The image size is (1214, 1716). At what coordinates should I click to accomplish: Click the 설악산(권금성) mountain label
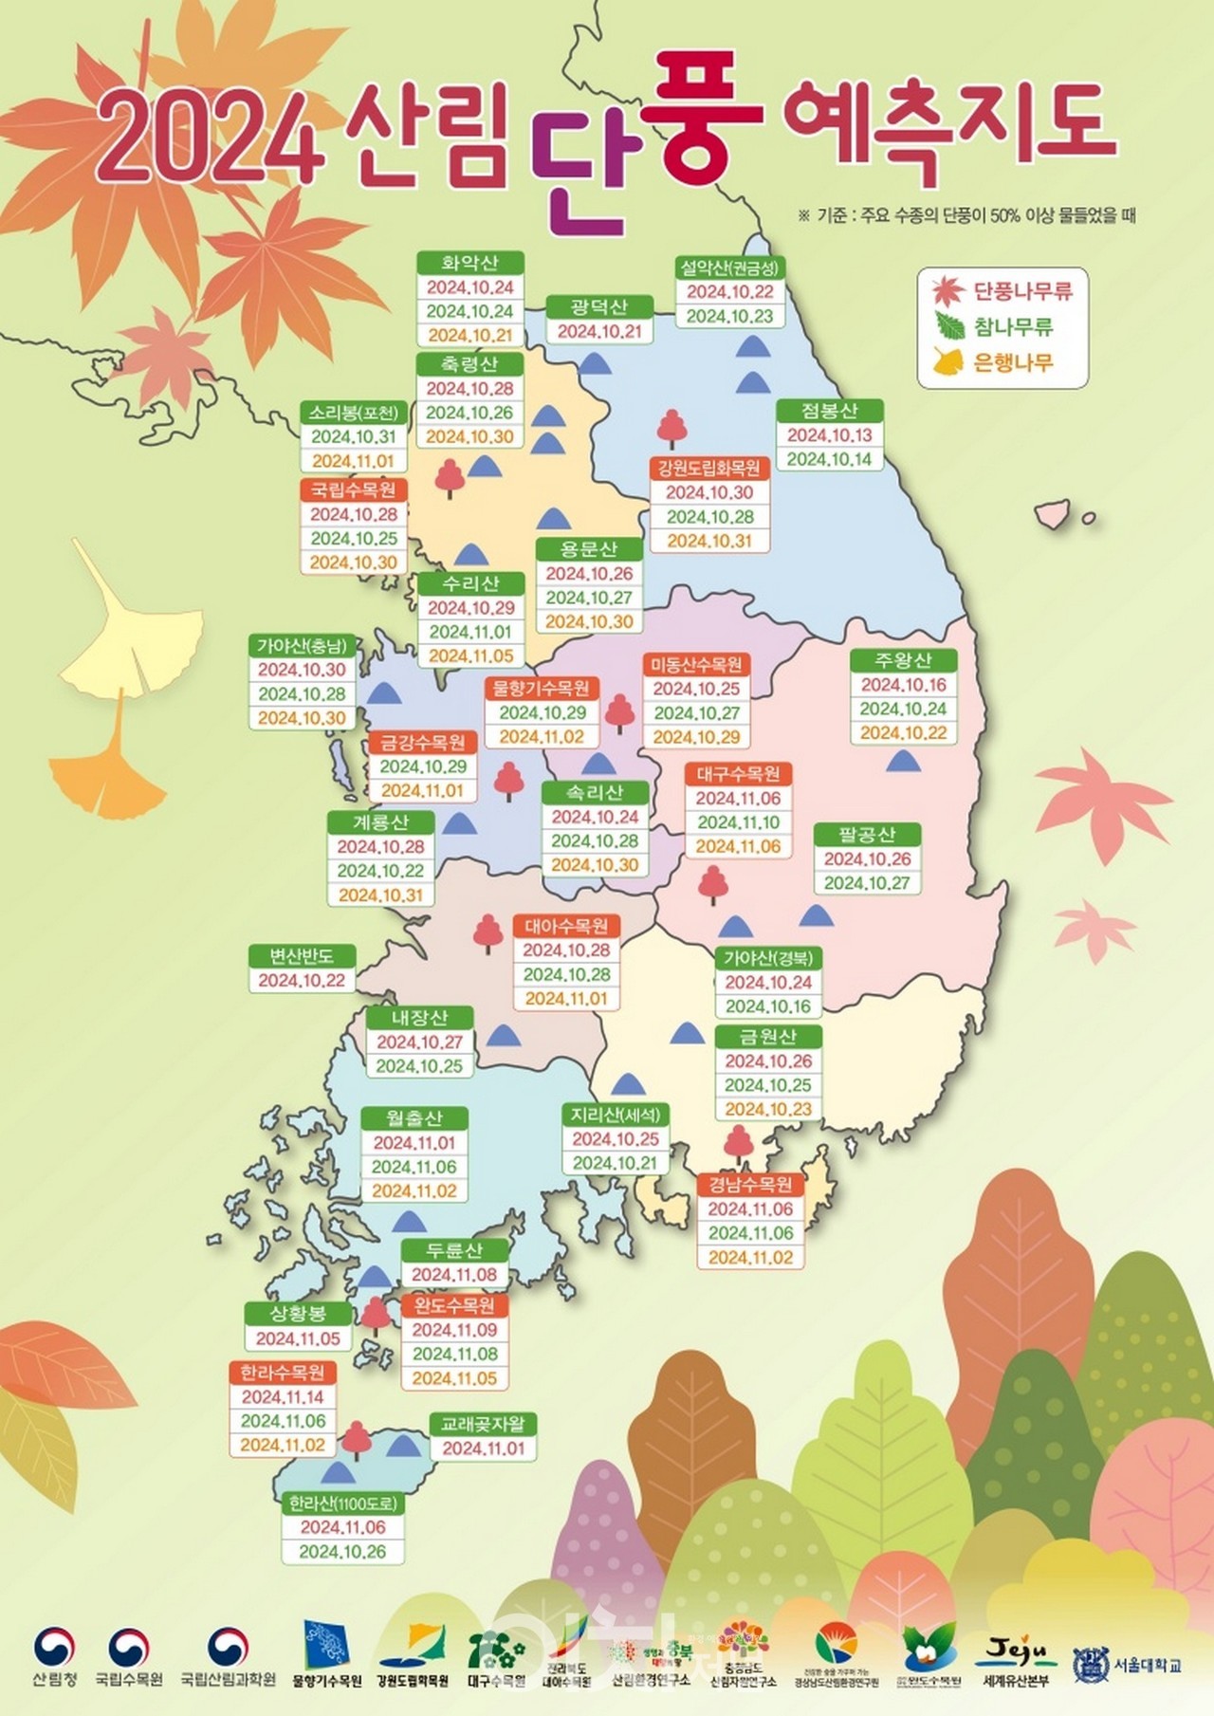point(729,268)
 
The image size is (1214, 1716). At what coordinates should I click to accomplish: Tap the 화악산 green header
point(469,263)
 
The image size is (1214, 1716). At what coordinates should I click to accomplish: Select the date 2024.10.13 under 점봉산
point(829,435)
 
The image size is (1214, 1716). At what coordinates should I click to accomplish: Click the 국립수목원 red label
point(354,490)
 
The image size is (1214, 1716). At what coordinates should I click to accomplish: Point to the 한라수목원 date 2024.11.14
point(282,1397)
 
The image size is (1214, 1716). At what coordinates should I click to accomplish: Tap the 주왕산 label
point(903,660)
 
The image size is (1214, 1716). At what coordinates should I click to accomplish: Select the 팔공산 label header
point(867,835)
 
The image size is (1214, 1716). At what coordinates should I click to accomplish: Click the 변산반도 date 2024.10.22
point(302,981)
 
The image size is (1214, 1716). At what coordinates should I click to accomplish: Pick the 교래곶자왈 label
point(483,1424)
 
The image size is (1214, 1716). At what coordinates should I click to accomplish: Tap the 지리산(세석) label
point(615,1115)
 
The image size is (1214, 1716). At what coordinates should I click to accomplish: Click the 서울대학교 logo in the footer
point(1128,1665)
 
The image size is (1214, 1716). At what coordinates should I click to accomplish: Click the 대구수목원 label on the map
point(738,774)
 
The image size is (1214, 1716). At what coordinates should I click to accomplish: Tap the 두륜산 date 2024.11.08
point(454,1275)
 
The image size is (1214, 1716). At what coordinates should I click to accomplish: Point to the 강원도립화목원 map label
point(708,468)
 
